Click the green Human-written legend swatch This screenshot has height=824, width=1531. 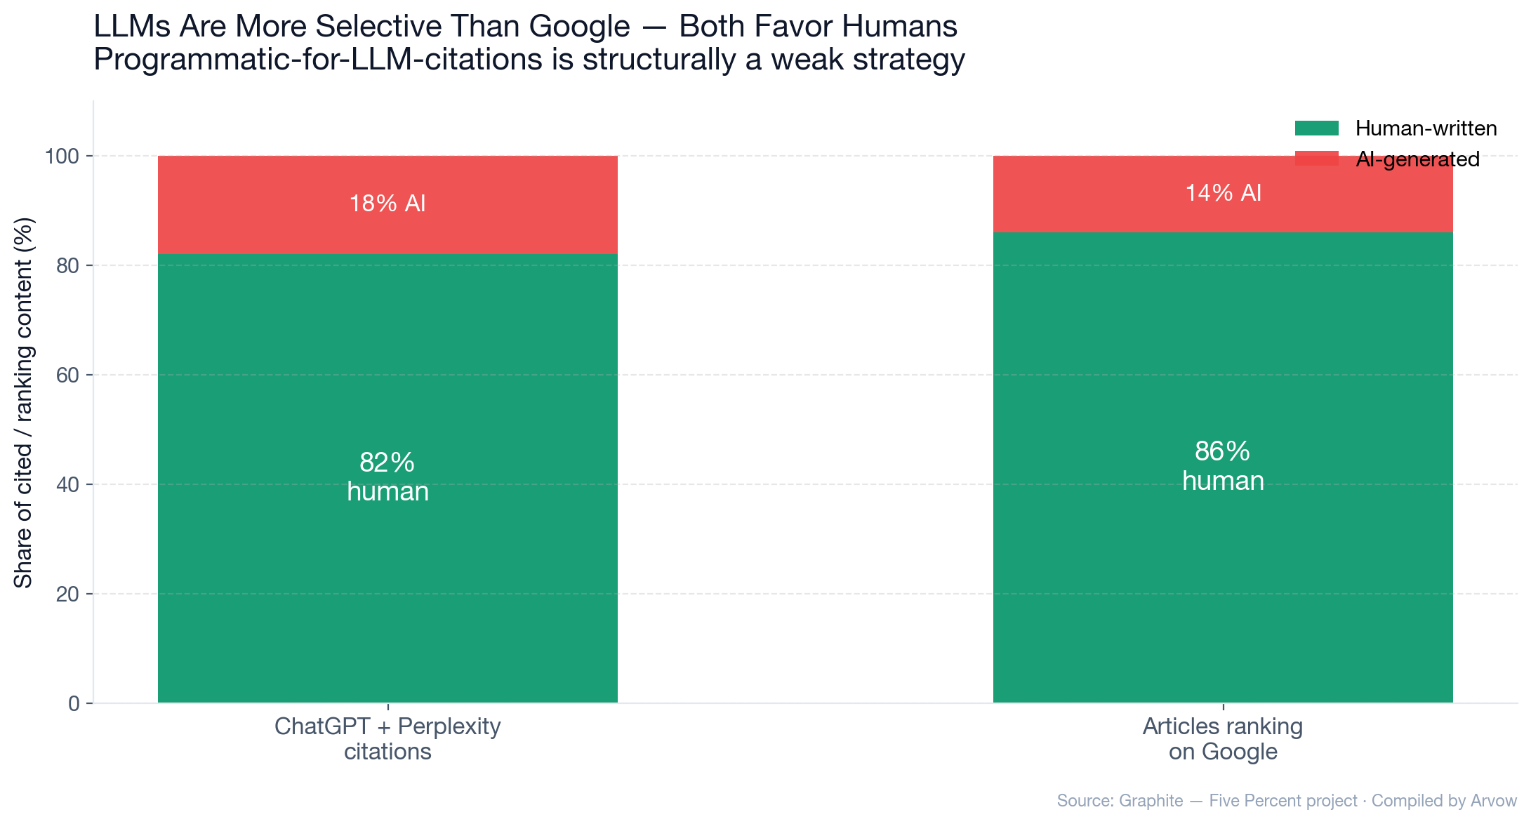tap(1316, 128)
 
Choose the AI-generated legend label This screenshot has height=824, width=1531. tap(1417, 159)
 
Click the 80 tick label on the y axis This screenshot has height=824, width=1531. tap(67, 265)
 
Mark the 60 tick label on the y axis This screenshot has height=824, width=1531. tap(67, 375)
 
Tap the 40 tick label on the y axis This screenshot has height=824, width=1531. tap(67, 484)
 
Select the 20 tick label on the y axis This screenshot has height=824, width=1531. tap(67, 594)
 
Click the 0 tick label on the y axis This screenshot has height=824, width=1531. tap(74, 703)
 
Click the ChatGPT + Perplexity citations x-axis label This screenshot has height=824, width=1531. tap(387, 738)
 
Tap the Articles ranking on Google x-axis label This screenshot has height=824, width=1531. tap(1223, 738)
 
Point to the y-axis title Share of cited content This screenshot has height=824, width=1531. tap(24, 403)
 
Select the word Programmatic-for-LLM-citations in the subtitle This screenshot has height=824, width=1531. tap(318, 60)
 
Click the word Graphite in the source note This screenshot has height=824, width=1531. tap(1151, 801)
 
